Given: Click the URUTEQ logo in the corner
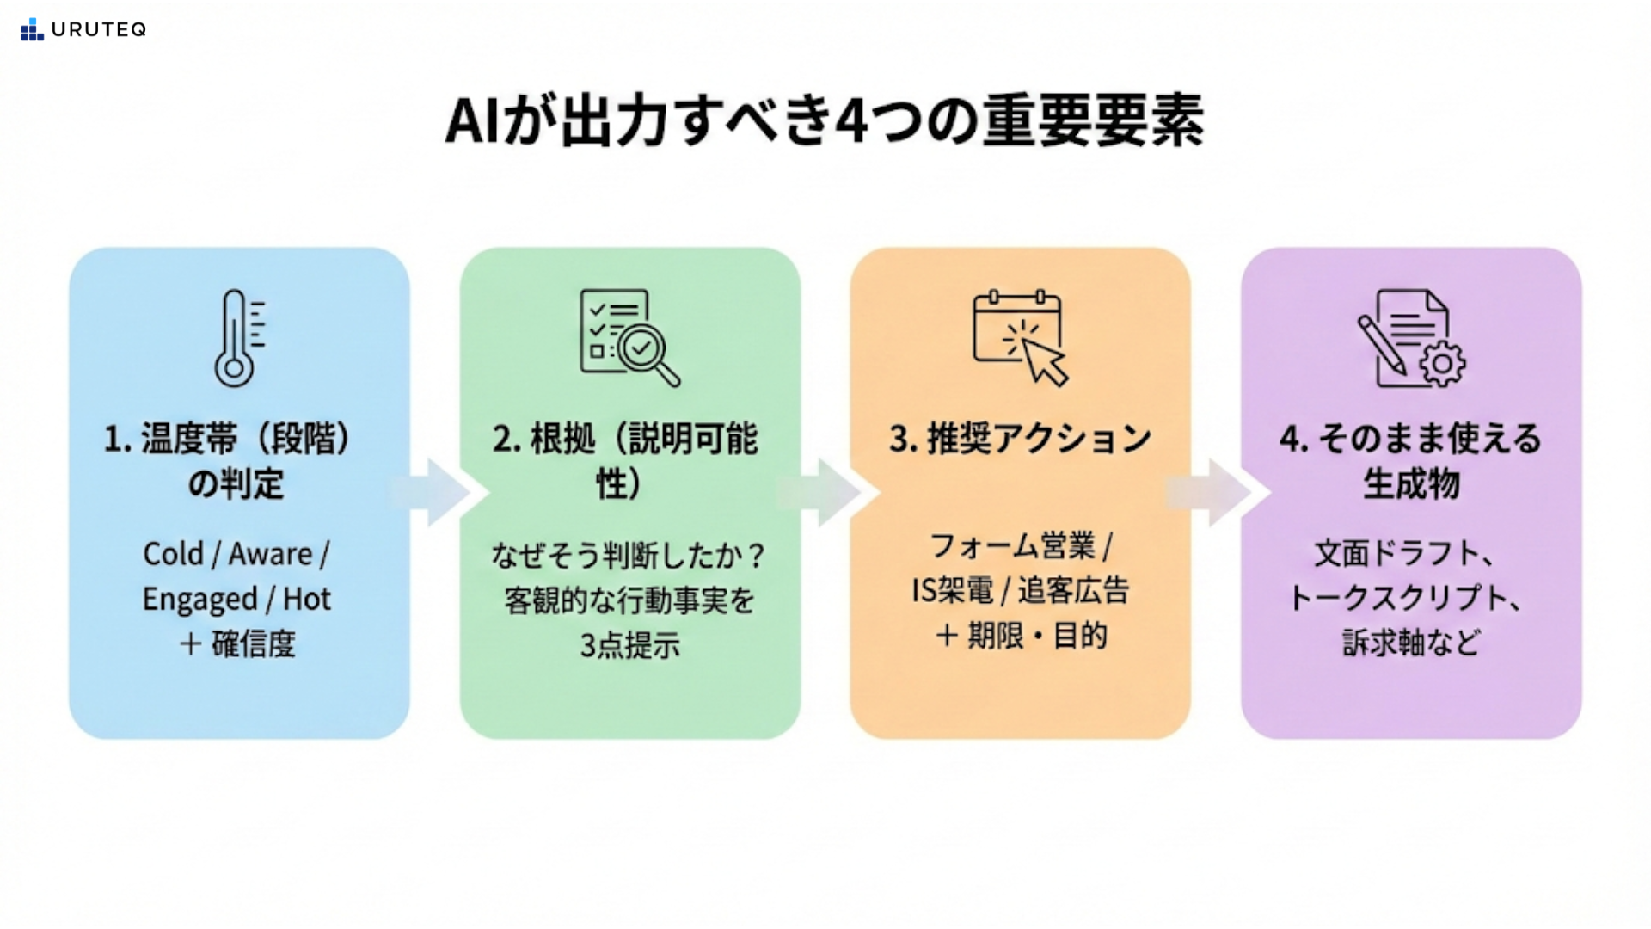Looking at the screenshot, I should [83, 29].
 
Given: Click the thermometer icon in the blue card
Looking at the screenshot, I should [238, 338].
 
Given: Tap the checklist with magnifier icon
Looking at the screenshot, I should [629, 338].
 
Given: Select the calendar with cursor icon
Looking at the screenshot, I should [1020, 338].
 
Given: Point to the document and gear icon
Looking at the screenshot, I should [1411, 338].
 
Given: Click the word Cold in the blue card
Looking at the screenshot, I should [173, 554].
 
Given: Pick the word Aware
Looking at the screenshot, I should [270, 554].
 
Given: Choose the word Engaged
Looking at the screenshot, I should [199, 600].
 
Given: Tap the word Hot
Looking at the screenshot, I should [307, 599].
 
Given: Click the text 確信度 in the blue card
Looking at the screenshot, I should [254, 644].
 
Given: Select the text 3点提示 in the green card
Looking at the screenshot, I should [629, 645].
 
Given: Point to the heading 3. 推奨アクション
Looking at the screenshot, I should [1020, 439].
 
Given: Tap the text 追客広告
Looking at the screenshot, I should [1073, 591].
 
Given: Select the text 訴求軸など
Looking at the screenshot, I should [1411, 643].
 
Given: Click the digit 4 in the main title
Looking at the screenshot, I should [850, 121].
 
